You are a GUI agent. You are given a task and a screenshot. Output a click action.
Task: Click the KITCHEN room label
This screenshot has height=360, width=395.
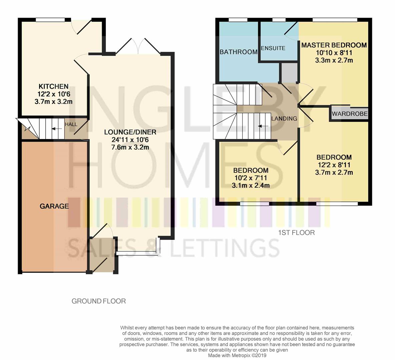(x=53, y=86)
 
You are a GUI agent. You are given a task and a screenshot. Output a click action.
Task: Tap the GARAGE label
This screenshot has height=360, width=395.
(x=54, y=206)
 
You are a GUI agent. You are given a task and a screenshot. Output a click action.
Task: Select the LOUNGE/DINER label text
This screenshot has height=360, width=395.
(x=130, y=132)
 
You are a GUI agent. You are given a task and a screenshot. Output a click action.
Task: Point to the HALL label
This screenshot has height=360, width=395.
(x=71, y=124)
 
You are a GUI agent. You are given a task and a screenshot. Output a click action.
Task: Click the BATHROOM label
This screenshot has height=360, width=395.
(x=238, y=52)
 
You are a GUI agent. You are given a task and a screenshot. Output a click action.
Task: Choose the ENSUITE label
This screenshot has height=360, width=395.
(x=273, y=48)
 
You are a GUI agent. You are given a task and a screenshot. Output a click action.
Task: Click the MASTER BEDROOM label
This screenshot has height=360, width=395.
(x=334, y=45)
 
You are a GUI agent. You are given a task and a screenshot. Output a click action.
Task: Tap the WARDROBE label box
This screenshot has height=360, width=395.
(x=349, y=114)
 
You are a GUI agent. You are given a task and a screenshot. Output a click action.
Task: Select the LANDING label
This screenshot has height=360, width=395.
(x=284, y=118)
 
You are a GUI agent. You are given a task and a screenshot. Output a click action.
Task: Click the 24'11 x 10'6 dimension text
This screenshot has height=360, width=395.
(x=130, y=140)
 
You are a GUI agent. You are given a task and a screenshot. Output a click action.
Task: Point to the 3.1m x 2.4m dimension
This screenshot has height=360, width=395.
(x=251, y=186)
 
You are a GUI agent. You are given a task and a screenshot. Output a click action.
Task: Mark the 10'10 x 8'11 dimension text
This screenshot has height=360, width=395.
(x=334, y=53)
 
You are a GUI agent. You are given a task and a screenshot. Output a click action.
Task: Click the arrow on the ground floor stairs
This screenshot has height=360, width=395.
(x=58, y=129)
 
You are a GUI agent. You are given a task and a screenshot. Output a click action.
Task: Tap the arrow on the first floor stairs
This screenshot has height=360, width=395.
(x=263, y=126)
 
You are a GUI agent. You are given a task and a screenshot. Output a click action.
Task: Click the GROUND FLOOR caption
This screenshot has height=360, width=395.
(x=99, y=301)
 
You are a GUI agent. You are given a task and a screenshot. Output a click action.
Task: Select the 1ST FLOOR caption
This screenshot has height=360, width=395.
(x=297, y=233)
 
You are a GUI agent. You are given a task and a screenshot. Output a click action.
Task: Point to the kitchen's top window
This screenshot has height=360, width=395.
(x=50, y=20)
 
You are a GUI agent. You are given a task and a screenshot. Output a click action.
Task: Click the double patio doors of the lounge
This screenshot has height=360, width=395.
(x=137, y=47)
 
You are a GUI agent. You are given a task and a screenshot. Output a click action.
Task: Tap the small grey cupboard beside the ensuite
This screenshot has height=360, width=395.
(x=288, y=72)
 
